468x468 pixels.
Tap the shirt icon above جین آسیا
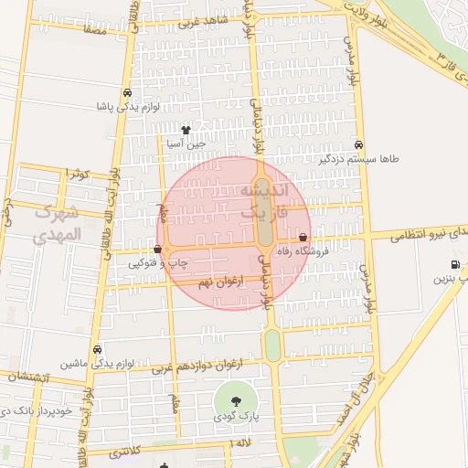(186, 131)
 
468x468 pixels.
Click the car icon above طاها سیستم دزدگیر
(359, 145)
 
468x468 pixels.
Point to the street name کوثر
(76, 173)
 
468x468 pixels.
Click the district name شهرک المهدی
(57, 223)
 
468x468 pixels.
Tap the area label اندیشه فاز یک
(264, 200)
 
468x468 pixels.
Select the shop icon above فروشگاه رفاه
(303, 237)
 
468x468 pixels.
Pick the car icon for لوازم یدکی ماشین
(97, 350)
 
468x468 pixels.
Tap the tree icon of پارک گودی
(235, 399)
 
